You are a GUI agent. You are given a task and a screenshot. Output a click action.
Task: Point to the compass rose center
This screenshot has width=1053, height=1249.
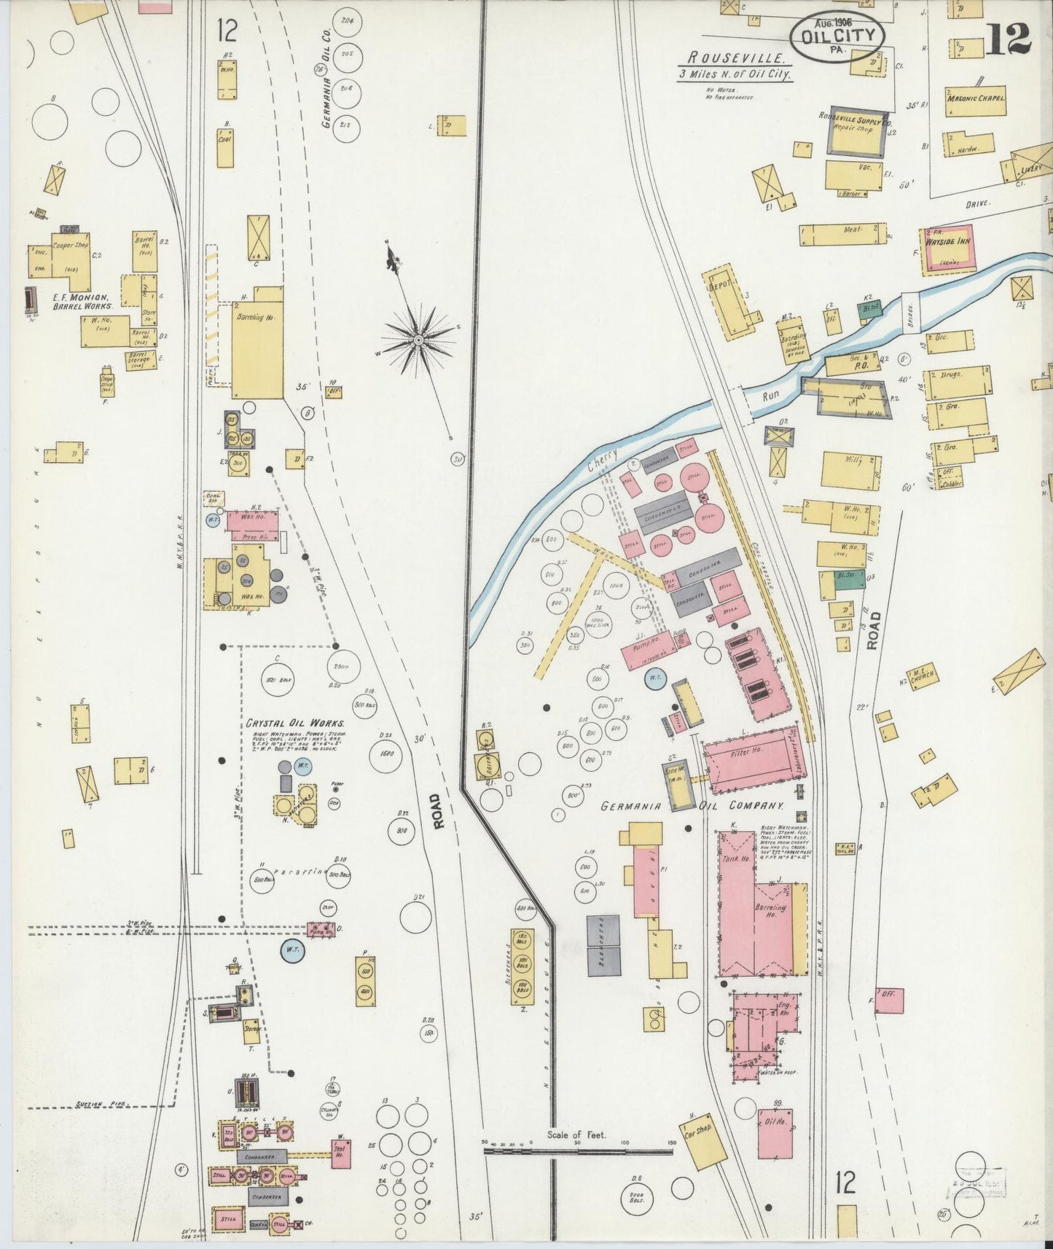419,340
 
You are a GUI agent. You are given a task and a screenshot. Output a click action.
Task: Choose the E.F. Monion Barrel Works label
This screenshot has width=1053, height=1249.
80,302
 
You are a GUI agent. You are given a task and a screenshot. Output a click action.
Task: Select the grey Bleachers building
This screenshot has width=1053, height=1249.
603,945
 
